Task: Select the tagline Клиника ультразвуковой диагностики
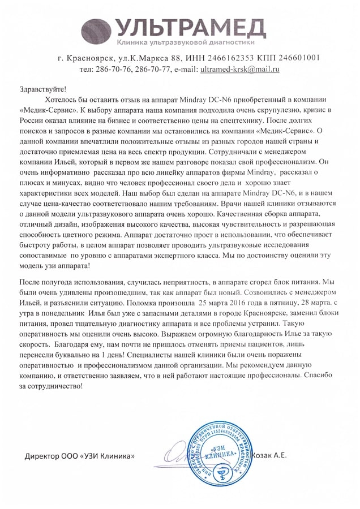[x=186, y=42]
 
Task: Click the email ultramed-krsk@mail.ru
[x=239, y=70]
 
